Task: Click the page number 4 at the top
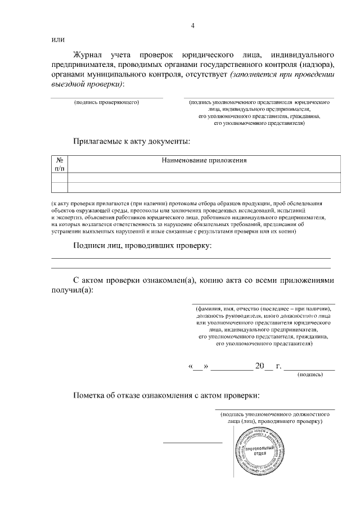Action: pyautogui.click(x=192, y=26)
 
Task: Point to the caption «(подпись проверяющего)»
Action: pyautogui.click(x=106, y=102)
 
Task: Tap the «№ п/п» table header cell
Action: pyautogui.click(x=60, y=164)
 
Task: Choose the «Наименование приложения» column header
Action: pyautogui.click(x=204, y=160)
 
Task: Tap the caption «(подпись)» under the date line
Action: pyautogui.click(x=309, y=374)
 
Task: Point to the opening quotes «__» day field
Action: pyautogui.click(x=197, y=366)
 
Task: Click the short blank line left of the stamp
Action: pyautogui.click(x=192, y=442)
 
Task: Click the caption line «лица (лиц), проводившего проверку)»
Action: pyautogui.click(x=274, y=421)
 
